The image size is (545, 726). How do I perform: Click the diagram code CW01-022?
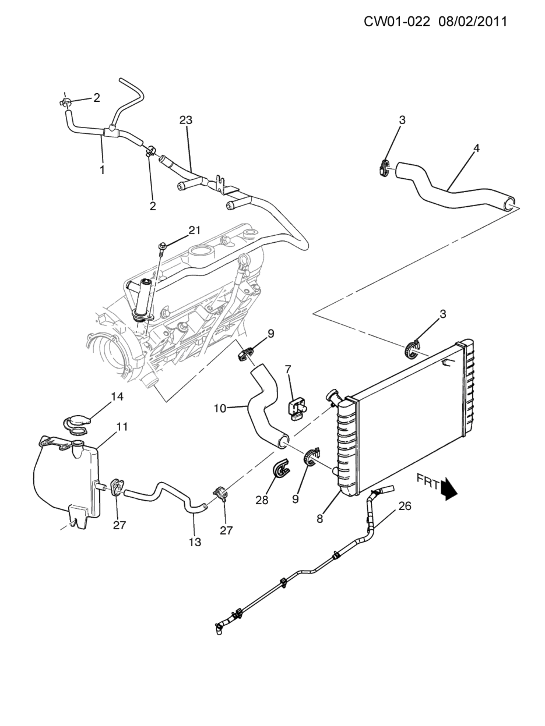[x=397, y=22]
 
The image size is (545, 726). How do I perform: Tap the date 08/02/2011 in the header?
[x=473, y=22]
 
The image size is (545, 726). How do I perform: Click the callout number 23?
[x=186, y=120]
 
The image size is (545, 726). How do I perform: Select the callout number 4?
[x=476, y=148]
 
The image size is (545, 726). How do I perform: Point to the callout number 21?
[x=194, y=230]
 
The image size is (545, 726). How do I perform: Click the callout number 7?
[x=288, y=369]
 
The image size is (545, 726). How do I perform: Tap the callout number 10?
[x=220, y=409]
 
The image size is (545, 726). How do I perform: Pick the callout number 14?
[x=117, y=396]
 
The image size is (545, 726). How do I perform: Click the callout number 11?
[x=121, y=427]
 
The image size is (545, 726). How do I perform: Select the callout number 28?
[x=262, y=500]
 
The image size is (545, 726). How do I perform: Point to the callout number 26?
[x=405, y=506]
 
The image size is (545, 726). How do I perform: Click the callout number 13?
[x=195, y=542]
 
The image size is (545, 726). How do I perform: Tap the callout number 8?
[x=319, y=519]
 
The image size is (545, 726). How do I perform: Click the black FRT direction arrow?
[x=449, y=488]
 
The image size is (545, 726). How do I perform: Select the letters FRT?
[x=427, y=481]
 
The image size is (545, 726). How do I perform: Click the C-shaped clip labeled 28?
[x=280, y=470]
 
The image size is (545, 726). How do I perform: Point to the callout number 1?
[x=103, y=170]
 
